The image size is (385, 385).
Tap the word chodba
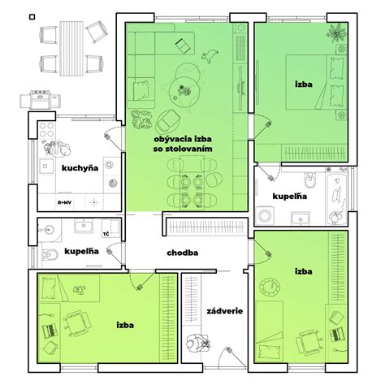(x=182, y=252)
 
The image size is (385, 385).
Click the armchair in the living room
(x=169, y=120)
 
